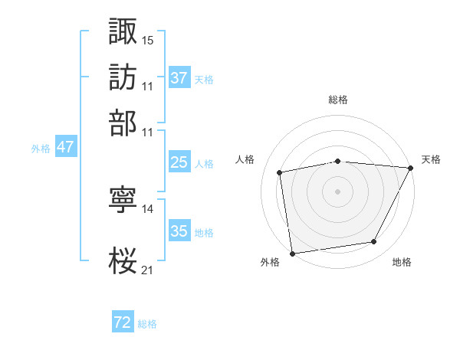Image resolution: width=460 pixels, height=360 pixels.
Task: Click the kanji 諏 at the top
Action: coord(123,31)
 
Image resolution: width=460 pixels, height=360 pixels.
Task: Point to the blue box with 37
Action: coord(179,78)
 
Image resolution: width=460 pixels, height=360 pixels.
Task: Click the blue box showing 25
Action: coord(179,162)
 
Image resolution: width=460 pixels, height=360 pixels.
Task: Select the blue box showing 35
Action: coord(179,231)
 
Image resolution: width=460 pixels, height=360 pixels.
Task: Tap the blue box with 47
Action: coord(65,147)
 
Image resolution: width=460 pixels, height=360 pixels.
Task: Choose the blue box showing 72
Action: coord(123,322)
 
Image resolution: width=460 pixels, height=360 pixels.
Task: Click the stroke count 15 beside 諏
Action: coord(148,39)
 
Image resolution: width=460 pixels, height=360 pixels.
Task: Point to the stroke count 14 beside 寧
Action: coord(148,209)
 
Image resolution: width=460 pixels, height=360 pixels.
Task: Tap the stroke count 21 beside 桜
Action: coord(148,269)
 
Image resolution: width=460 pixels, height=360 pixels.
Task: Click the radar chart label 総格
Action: coord(338,100)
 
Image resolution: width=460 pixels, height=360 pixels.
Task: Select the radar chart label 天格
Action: coord(431,159)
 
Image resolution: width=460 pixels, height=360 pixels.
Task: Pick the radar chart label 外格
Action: coord(270,262)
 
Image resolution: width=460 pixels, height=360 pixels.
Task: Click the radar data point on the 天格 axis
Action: coord(411,168)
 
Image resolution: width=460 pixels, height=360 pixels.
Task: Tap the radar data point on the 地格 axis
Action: coord(374,242)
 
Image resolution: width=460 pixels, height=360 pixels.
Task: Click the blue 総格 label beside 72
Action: coord(147,324)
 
